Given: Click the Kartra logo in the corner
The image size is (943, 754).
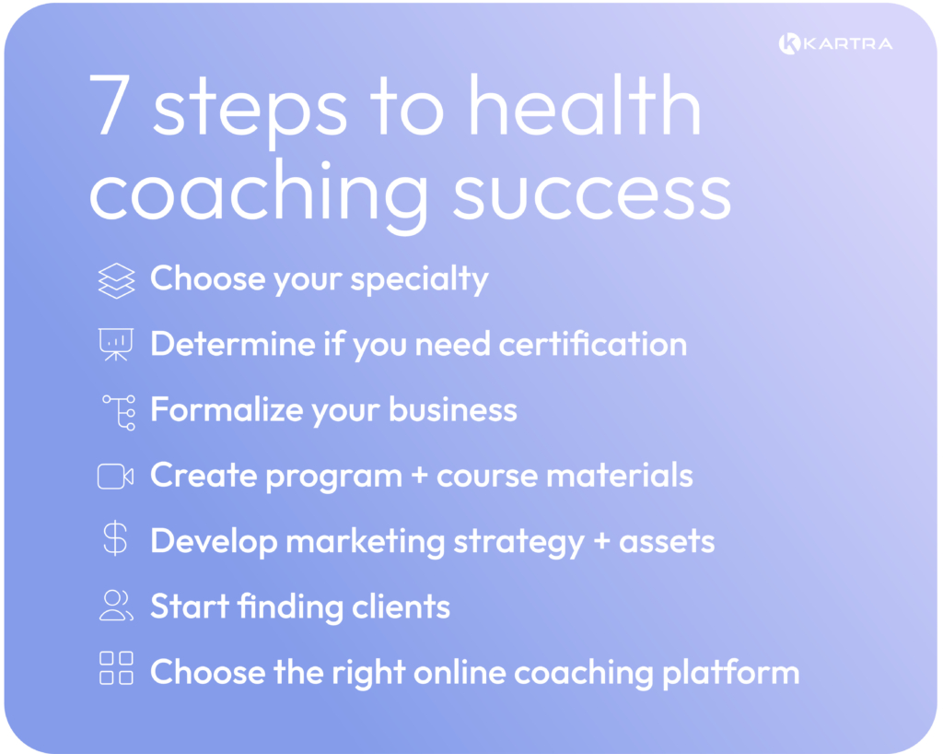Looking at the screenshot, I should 834,43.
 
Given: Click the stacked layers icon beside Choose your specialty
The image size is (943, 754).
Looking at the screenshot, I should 116,280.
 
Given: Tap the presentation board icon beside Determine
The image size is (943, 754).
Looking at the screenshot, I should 116,345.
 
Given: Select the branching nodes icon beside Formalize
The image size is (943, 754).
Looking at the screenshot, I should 119,411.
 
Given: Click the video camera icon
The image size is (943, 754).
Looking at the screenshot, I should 116,476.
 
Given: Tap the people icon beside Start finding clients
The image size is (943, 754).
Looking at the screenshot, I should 116,605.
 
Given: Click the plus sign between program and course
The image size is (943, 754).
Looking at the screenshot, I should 420,477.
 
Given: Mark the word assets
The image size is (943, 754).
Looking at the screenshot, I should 666,542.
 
